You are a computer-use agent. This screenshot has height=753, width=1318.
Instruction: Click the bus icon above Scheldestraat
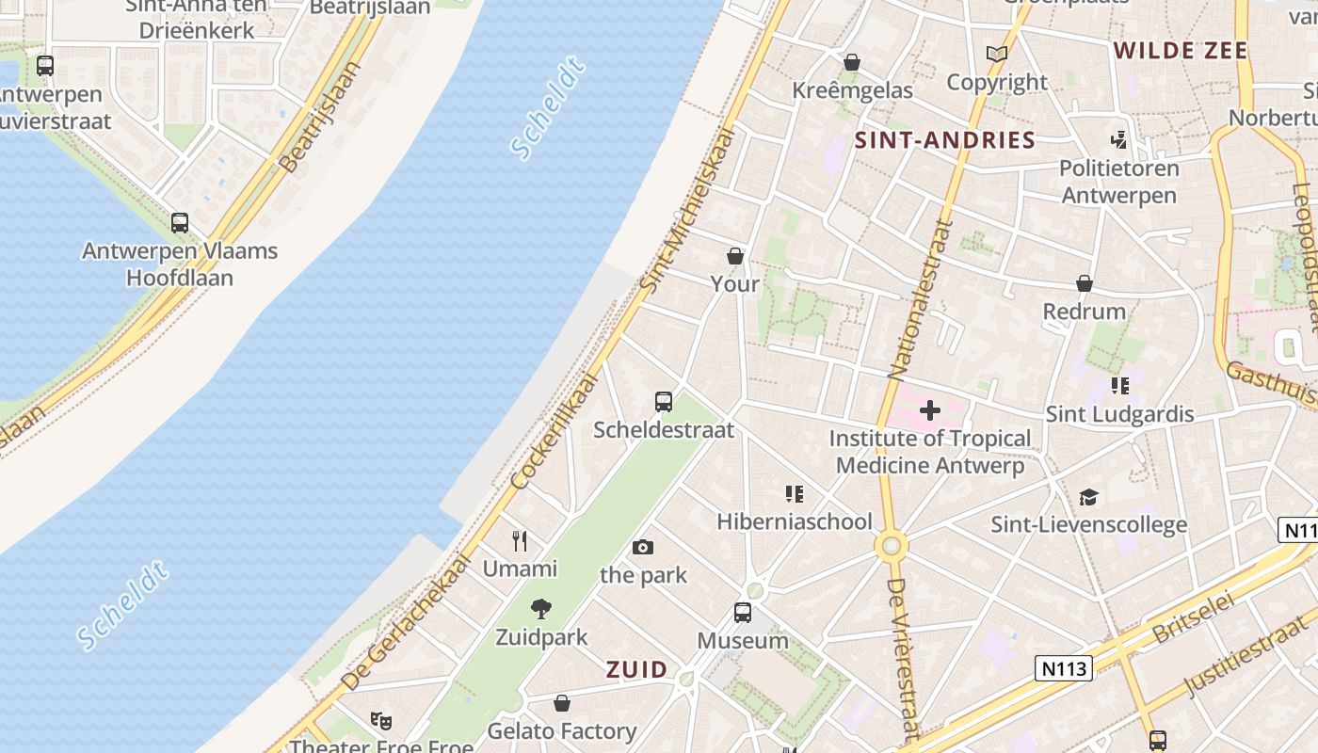point(664,402)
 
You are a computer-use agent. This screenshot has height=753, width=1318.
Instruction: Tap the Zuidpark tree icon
point(541,609)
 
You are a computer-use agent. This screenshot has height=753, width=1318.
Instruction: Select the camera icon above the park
point(643,547)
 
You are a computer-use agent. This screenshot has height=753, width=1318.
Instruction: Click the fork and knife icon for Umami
point(520,540)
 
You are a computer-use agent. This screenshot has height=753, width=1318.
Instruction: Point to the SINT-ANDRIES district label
point(944,141)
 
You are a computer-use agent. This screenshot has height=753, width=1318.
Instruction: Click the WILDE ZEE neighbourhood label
point(1181,51)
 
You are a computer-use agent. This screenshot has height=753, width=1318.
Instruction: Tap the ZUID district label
point(636,670)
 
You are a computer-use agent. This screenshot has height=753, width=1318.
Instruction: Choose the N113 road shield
point(1064,668)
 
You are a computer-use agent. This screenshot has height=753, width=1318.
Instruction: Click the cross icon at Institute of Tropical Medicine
point(930,410)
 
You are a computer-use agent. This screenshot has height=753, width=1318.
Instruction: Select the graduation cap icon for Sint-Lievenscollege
point(1088,497)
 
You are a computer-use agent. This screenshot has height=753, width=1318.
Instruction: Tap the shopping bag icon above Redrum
point(1085,283)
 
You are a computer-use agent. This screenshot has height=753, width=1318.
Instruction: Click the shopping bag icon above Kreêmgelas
point(852,62)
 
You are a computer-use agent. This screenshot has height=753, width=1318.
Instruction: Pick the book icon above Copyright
point(997,55)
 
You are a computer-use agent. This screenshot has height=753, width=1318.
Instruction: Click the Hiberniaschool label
point(795,521)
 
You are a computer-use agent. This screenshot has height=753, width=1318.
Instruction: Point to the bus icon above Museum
point(743,613)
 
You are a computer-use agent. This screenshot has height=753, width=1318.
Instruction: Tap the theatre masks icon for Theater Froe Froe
point(380,721)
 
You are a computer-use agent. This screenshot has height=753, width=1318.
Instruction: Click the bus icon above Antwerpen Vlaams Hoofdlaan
point(180,223)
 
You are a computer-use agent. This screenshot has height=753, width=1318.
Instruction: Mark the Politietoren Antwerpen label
point(1118,182)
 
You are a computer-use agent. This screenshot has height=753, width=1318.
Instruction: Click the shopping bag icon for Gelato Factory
point(562,703)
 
